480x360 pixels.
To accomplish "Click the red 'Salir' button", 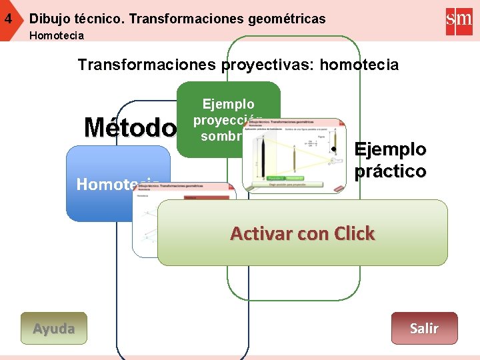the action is point(424,328).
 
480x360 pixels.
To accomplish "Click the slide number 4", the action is point(8,19).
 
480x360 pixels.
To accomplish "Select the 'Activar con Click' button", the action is point(302,233).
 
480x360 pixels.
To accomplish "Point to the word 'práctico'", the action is point(390,171).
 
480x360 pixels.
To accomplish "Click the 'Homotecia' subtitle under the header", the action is point(57,35).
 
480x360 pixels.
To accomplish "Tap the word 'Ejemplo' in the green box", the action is point(228,105).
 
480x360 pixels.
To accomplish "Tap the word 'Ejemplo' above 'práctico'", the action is point(390,148).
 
